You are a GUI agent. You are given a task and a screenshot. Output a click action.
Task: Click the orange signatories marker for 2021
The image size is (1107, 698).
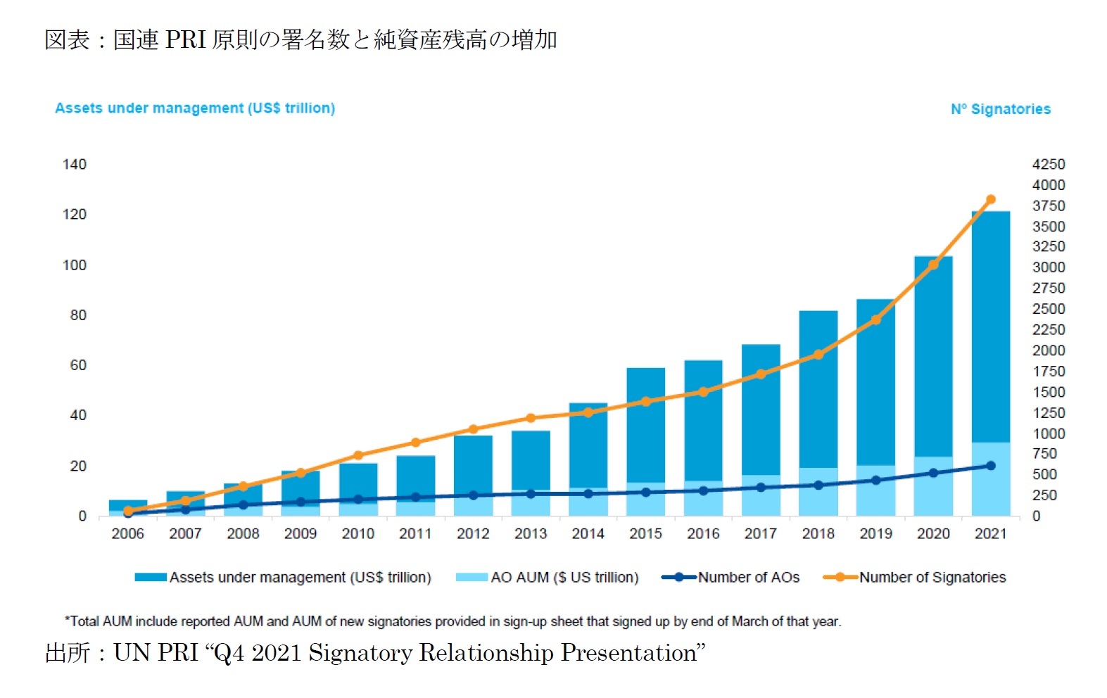click(x=991, y=200)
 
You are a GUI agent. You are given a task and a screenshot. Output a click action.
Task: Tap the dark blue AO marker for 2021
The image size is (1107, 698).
click(x=991, y=466)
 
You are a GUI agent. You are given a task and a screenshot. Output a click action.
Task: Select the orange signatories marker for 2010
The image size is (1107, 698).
click(x=358, y=455)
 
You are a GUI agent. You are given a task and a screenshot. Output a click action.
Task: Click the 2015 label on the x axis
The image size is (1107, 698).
click(x=645, y=534)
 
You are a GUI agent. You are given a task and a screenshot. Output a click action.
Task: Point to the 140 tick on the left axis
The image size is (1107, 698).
click(x=75, y=165)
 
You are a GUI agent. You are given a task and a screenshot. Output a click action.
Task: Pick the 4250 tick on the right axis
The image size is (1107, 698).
click(x=1048, y=165)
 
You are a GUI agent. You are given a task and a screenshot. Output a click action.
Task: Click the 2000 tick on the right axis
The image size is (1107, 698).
click(x=1048, y=350)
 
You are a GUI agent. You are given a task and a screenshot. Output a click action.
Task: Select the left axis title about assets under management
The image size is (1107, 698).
click(x=195, y=108)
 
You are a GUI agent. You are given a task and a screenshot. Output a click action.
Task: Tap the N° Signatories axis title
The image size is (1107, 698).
click(x=1000, y=109)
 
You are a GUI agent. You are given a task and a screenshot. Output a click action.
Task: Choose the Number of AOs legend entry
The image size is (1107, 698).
click(x=748, y=578)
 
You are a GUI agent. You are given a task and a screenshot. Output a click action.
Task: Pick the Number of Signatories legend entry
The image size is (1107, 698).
click(x=932, y=578)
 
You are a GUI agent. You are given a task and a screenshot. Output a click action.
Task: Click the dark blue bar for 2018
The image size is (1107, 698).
click(x=818, y=387)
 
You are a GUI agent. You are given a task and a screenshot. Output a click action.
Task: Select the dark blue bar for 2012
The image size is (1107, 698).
click(x=473, y=461)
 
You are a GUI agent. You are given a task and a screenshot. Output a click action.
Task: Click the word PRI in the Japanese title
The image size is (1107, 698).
click(x=185, y=40)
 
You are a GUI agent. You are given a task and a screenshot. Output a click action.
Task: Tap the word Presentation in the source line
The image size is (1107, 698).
click(x=628, y=653)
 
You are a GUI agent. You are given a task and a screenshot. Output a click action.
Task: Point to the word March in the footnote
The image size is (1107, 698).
click(x=749, y=621)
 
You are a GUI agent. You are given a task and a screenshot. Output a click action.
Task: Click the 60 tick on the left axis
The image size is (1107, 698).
click(x=78, y=365)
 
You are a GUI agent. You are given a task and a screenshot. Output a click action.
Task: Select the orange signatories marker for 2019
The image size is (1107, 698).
click(x=876, y=320)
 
